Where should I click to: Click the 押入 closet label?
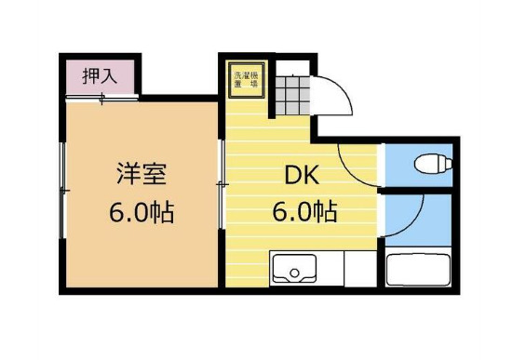[x=99, y=75]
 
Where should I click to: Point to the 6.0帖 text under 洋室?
[x=142, y=212]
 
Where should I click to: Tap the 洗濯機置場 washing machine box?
[x=247, y=78]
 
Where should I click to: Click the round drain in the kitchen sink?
[x=296, y=273]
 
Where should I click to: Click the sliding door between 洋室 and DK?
[x=222, y=186]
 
